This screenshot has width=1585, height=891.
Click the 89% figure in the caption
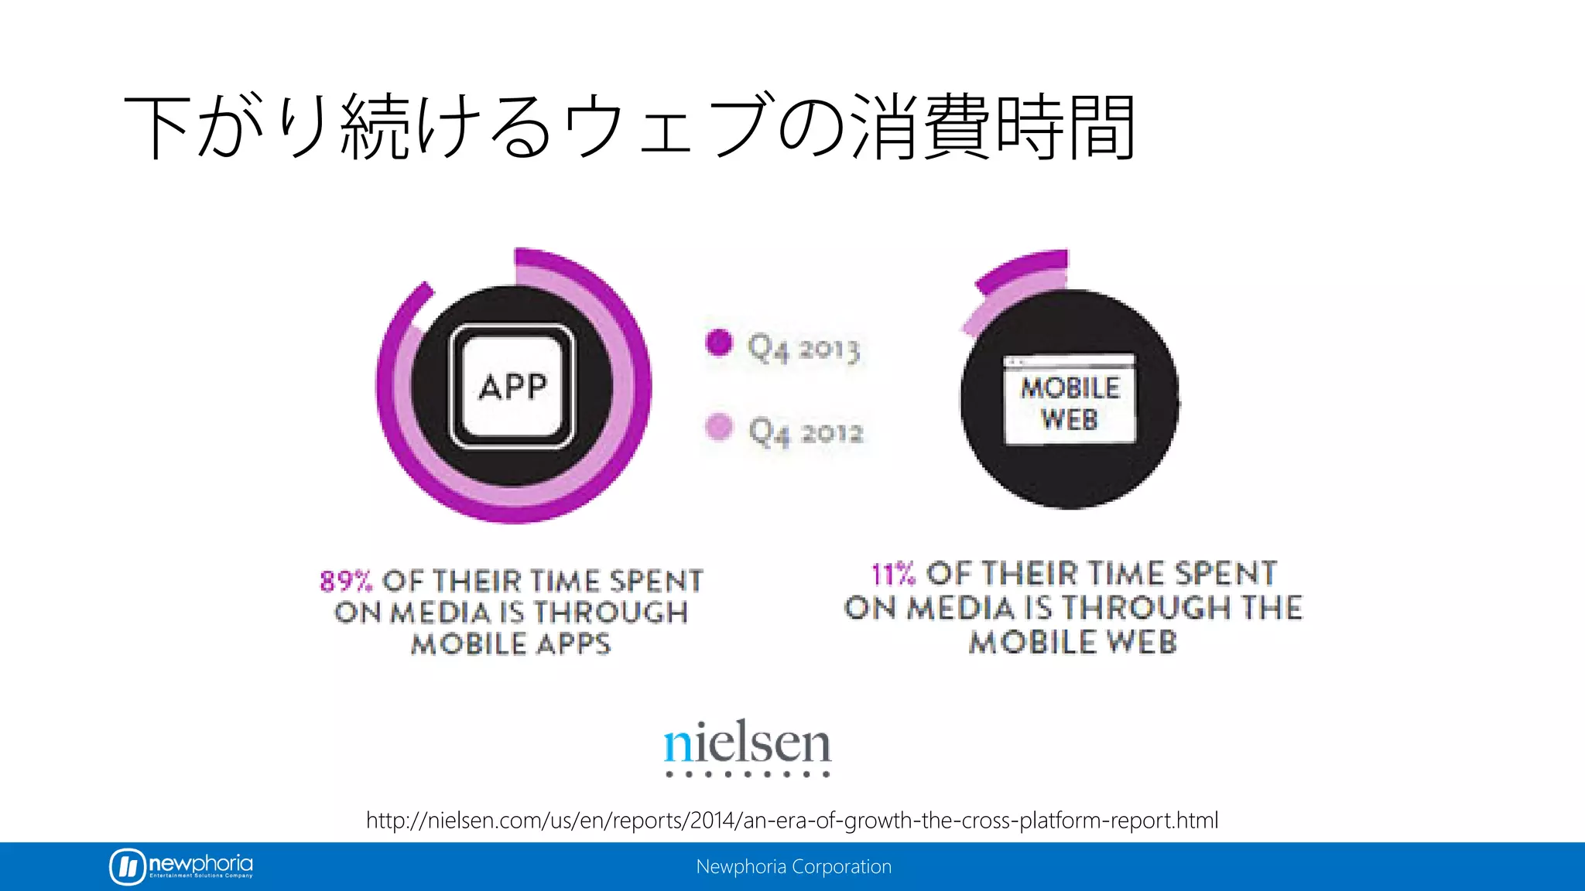pos(346,581)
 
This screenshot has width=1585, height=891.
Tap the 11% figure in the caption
pos(893,575)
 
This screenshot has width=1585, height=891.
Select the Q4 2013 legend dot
pos(719,343)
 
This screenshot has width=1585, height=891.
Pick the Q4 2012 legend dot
pos(719,426)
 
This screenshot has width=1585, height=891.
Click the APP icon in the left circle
pos(512,386)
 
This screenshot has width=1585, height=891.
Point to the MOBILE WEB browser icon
pos(1070,400)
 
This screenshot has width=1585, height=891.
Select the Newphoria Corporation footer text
pos(793,867)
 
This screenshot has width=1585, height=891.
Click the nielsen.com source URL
pos(792,820)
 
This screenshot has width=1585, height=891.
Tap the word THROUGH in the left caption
pos(611,613)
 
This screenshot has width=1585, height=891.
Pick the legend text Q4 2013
pos(804,349)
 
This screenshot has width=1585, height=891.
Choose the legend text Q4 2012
pos(806,432)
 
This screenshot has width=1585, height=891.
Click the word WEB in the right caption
pos(1142,642)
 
